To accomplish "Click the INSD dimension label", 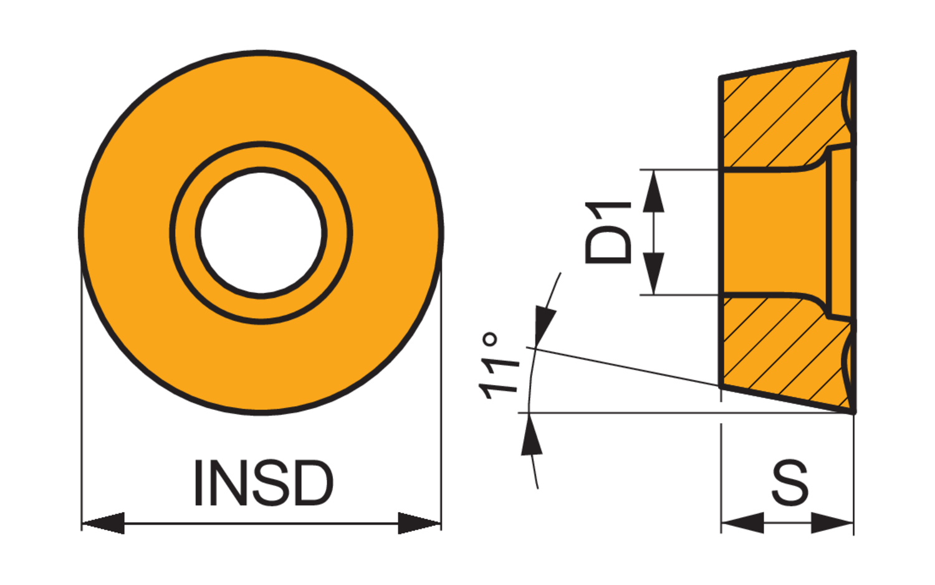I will pyautogui.click(x=263, y=483).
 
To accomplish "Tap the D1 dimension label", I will pyautogui.click(x=608, y=232).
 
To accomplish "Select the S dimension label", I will pyautogui.click(x=790, y=483).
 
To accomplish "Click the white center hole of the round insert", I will pyautogui.click(x=261, y=232).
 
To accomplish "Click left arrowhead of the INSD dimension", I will pyautogui.click(x=103, y=523).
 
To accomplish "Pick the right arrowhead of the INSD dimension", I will pyautogui.click(x=420, y=523).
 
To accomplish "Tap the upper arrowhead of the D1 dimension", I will pyautogui.click(x=653, y=190).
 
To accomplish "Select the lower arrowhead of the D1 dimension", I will pyautogui.click(x=653, y=274).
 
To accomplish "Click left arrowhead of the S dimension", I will pyautogui.click(x=742, y=523).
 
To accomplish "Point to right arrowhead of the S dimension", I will pyautogui.click(x=833, y=523).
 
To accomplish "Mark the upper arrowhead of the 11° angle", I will pyautogui.click(x=544, y=324).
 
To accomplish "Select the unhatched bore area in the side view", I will pyautogui.click(x=773, y=232).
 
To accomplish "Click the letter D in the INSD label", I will pyautogui.click(x=312, y=483).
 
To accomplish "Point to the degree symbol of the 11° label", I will pyautogui.click(x=491, y=340).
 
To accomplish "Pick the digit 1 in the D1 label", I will pyautogui.click(x=608, y=211).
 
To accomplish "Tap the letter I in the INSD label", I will pyautogui.click(x=199, y=483).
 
